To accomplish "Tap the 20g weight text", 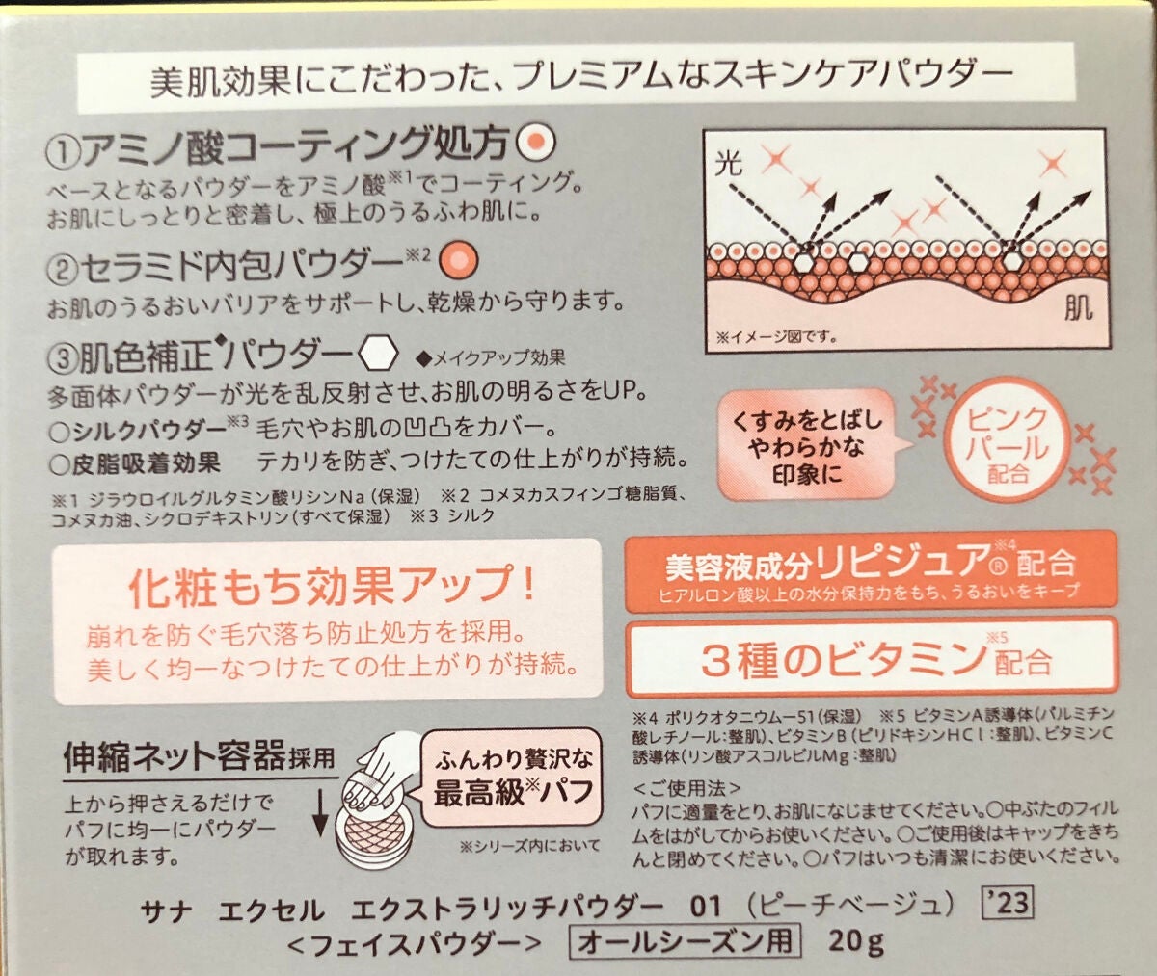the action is point(855,941).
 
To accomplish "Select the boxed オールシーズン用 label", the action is point(685,940).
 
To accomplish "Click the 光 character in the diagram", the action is point(728,164).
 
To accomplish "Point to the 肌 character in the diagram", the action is point(1078,307).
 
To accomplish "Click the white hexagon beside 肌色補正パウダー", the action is point(379,354).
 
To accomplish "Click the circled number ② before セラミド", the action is point(64,269).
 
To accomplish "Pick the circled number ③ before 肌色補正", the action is point(64,358).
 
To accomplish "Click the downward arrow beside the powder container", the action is point(319,813).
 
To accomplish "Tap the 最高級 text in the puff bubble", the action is point(479,792).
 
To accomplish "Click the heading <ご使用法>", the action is point(686,788).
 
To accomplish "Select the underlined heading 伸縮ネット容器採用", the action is point(200,757).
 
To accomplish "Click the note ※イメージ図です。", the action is point(777,336).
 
